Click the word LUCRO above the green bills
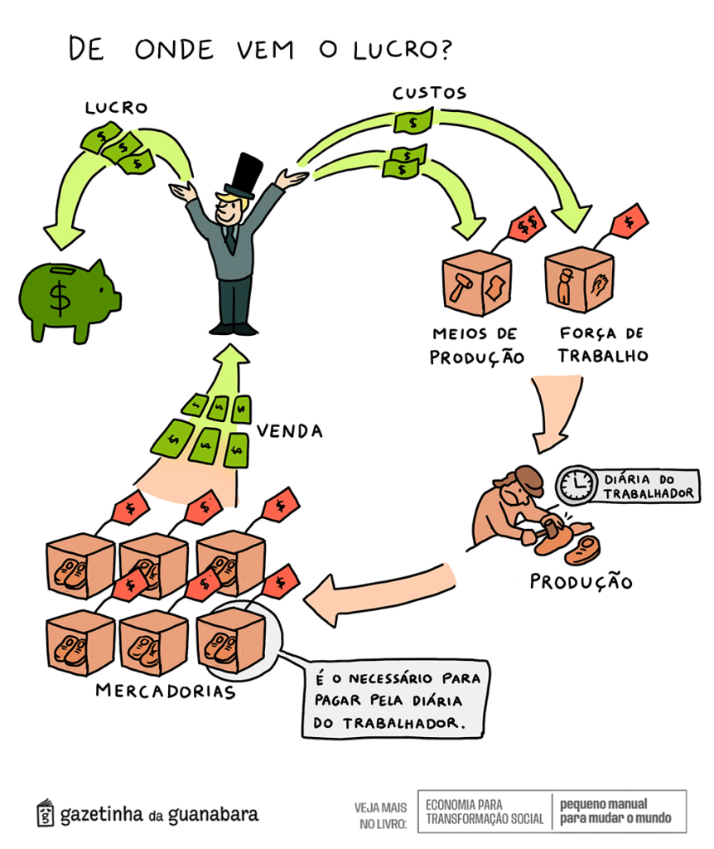(x=115, y=109)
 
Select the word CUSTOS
(x=429, y=94)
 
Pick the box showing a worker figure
(x=579, y=283)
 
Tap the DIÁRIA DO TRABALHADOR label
(x=650, y=486)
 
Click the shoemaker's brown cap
(x=527, y=478)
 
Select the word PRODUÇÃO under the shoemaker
(x=581, y=581)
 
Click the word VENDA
(x=290, y=431)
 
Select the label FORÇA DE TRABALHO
(x=601, y=346)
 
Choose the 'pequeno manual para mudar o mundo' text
(x=615, y=812)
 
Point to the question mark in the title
(x=441, y=50)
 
